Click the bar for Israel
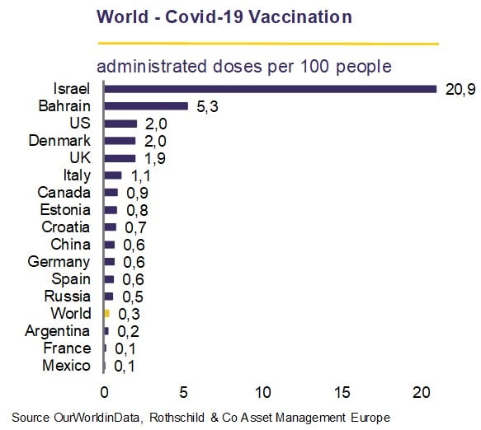tap(271, 89)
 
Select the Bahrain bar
tap(146, 106)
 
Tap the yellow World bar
tap(106, 313)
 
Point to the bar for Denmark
tap(120, 141)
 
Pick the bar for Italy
tap(113, 175)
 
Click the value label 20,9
tap(460, 90)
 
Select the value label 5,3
tap(207, 106)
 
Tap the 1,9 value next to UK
tap(155, 159)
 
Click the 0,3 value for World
tap(130, 314)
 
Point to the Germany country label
tap(59, 263)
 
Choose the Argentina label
tap(58, 331)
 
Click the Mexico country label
tap(67, 366)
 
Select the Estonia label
tap(65, 210)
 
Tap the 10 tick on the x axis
tap(263, 393)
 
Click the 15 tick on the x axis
tap(342, 393)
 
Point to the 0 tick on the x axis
tap(104, 393)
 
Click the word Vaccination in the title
tap(300, 16)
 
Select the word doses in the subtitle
tap(238, 67)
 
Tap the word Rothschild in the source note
tap(177, 418)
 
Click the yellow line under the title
tap(268, 44)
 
